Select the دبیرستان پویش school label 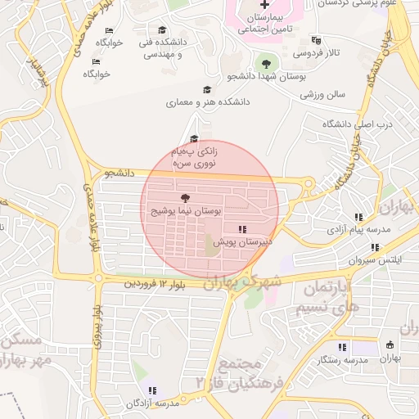[242, 242]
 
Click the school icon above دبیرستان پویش [242, 229]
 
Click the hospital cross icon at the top [264, 6]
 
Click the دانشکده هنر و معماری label [208, 103]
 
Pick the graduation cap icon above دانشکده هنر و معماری [206, 90]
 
